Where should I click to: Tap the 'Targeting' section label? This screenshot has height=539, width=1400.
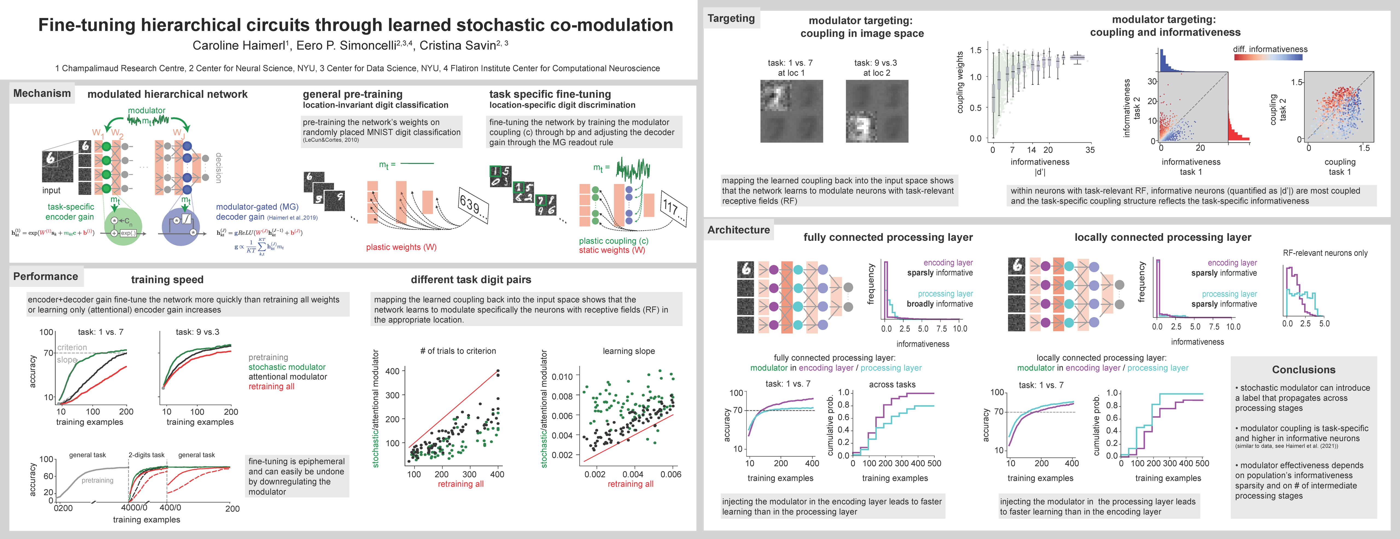[731, 19]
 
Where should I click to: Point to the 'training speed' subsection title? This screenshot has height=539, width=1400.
[167, 279]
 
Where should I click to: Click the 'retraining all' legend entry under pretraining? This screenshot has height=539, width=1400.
[271, 387]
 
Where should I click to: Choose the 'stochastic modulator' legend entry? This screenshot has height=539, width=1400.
[287, 367]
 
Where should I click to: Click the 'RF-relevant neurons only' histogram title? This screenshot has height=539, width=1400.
[1325, 253]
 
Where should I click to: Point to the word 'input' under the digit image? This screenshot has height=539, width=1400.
[52, 190]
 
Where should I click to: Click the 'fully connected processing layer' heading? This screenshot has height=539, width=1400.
[888, 237]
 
